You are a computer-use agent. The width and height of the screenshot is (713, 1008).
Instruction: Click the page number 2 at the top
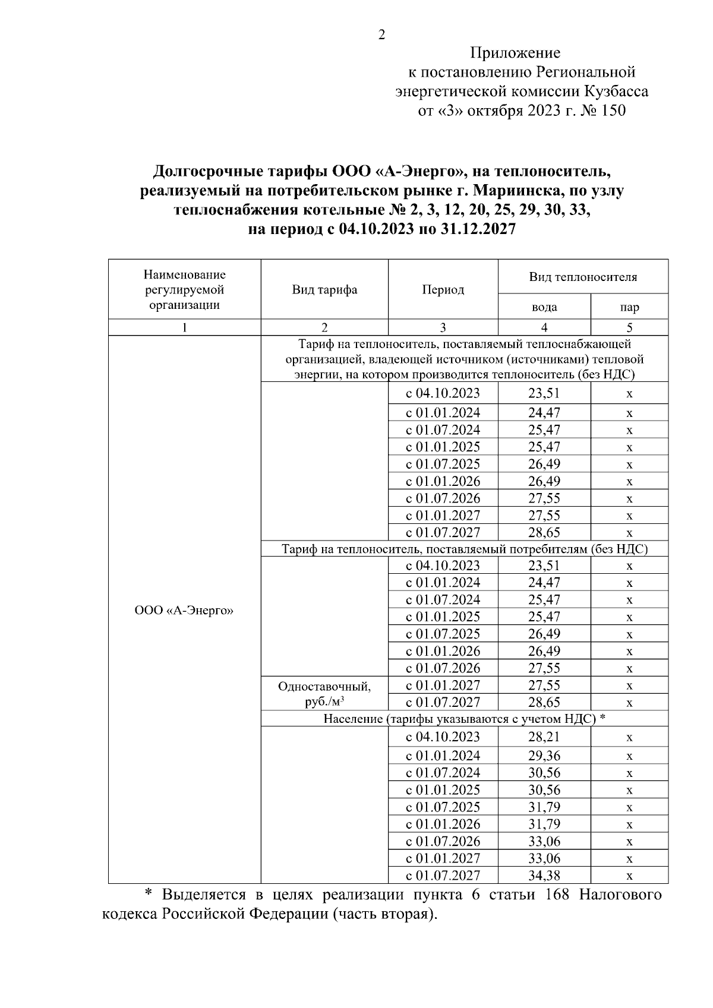pos(381,35)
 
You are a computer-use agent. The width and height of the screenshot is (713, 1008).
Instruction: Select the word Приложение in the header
pos(515,53)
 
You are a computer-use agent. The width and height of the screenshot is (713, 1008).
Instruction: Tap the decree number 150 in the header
pos(613,111)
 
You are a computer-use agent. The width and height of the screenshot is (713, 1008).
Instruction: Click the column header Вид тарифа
pos(324,290)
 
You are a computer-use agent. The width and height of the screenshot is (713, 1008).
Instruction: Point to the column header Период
pos(443,290)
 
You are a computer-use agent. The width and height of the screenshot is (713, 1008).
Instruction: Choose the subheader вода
pos(544,307)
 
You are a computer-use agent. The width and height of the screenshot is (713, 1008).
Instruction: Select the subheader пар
pos(629,307)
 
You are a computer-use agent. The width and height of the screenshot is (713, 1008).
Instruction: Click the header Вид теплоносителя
pos(583,277)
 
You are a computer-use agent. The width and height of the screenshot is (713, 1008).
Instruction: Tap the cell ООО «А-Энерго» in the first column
pos(184,611)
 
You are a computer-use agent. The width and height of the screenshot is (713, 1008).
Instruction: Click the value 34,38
pos(544,875)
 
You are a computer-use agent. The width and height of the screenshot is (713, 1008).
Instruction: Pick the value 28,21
pos(544,737)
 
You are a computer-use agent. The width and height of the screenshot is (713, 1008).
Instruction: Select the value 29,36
pos(544,756)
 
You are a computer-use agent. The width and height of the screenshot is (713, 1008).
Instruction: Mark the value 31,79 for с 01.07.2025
pos(544,807)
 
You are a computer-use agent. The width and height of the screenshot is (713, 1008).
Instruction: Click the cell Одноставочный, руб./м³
pos(324,694)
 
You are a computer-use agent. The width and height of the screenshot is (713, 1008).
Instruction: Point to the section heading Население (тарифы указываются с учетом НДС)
pos(464,719)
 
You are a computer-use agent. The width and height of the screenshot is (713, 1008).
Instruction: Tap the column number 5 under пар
pos(629,327)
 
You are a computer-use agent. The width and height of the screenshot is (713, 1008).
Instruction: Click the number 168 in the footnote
pos(556,895)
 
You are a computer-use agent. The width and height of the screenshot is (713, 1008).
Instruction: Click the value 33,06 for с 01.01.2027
pos(544,858)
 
